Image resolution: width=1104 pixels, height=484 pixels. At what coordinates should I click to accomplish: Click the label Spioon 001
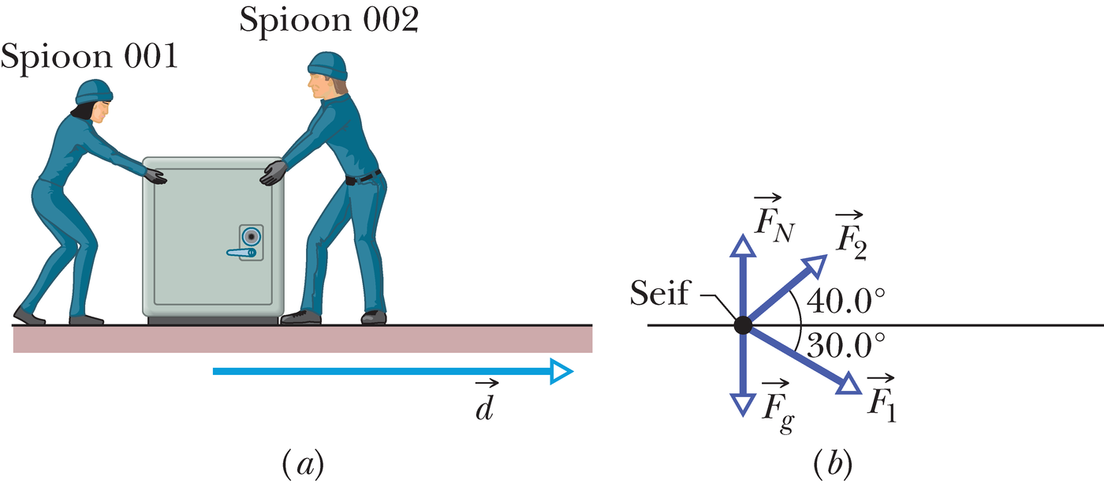[89, 57]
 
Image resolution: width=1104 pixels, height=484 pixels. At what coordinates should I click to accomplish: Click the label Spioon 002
[330, 21]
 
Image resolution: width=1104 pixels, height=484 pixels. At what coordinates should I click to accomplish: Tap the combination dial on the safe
[252, 237]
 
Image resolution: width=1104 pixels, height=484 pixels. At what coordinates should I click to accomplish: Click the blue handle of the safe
[241, 253]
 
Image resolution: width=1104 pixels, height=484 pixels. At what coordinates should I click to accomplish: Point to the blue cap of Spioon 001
[94, 92]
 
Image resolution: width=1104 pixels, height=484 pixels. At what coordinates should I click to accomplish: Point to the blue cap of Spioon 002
[328, 65]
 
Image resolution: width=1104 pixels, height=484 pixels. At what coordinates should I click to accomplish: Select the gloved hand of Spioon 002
[274, 173]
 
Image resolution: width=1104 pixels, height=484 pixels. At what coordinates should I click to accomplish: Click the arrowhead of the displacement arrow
[561, 372]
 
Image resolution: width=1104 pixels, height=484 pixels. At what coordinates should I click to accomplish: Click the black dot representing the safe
[743, 325]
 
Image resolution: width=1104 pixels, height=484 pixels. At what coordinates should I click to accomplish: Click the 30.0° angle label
[845, 345]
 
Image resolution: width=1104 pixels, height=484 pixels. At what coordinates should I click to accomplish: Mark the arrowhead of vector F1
[849, 385]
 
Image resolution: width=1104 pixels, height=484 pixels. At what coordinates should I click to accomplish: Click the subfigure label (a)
[303, 463]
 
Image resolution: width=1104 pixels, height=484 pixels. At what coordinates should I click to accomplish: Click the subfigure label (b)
[833, 463]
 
